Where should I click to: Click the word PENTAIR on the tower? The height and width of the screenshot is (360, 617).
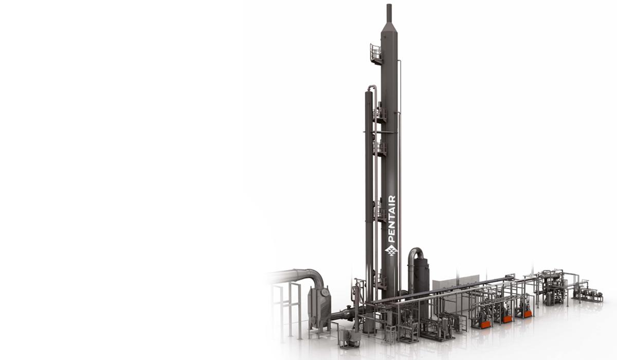(x=392, y=219)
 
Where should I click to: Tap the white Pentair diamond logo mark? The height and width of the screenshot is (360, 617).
(x=391, y=250)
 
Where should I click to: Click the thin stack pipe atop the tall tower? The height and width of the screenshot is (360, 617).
(x=389, y=13)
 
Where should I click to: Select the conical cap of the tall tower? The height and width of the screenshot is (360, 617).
(x=389, y=28)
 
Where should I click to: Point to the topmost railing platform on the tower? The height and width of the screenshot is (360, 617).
(x=376, y=54)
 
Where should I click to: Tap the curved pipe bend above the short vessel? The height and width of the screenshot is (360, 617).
(x=416, y=253)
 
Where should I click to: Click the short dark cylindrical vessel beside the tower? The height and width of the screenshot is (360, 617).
(x=421, y=276)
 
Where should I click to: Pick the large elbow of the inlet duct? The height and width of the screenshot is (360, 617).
(x=315, y=276)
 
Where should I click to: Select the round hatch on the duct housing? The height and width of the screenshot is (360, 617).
(x=325, y=292)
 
